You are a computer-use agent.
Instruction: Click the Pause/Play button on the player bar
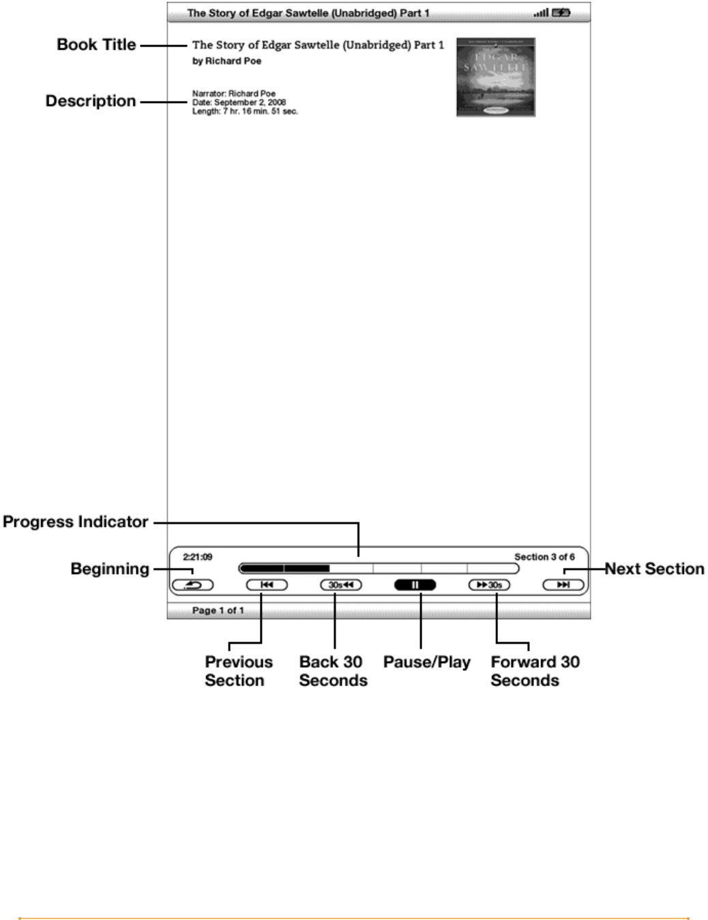(x=415, y=584)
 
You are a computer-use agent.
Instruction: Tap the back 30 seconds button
(x=341, y=584)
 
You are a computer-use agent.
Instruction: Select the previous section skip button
(x=267, y=584)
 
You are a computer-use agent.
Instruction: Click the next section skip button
(x=563, y=584)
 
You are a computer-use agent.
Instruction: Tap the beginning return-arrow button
(x=192, y=584)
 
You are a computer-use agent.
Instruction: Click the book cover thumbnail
(x=496, y=77)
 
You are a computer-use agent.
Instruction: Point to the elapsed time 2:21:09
(x=197, y=557)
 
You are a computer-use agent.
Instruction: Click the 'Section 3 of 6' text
(x=544, y=557)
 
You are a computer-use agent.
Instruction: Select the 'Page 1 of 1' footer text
(x=218, y=610)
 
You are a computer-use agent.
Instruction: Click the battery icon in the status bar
(x=561, y=12)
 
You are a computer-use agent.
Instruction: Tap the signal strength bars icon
(x=541, y=12)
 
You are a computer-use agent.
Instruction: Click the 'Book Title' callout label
(x=96, y=45)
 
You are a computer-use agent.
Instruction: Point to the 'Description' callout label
(x=91, y=101)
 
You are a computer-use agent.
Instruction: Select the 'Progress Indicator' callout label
(x=76, y=522)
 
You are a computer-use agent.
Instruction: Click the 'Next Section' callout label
(x=654, y=569)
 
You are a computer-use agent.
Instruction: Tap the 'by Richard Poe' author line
(x=226, y=61)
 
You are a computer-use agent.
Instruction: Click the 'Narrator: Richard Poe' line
(x=234, y=93)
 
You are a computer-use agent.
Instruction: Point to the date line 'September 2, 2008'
(x=239, y=102)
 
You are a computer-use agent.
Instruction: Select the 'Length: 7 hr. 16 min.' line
(x=245, y=111)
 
